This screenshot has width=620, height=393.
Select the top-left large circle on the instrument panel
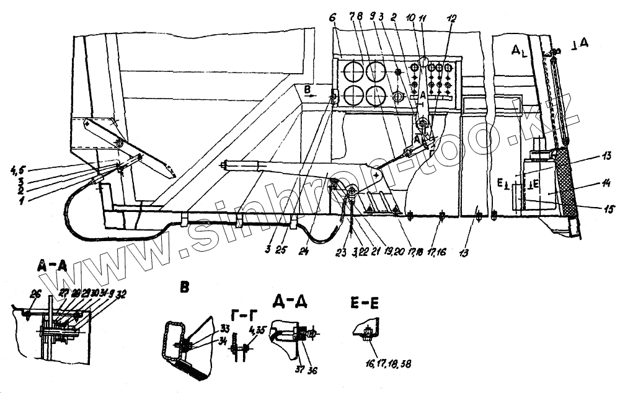(x=352, y=71)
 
